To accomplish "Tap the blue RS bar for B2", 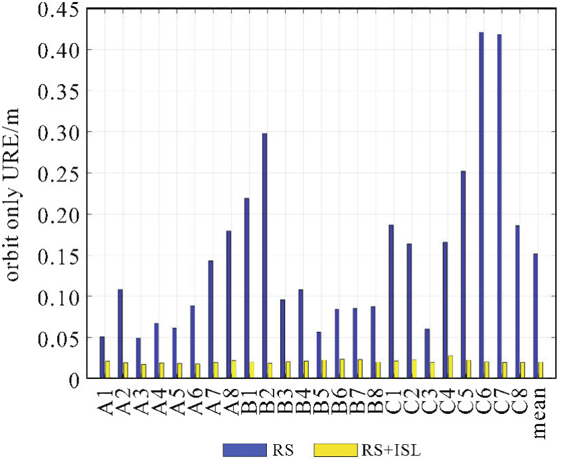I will coord(265,255).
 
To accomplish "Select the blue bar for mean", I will coord(536,315).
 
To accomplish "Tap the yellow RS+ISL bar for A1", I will coord(108,370).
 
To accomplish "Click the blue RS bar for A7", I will coord(210,319).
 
